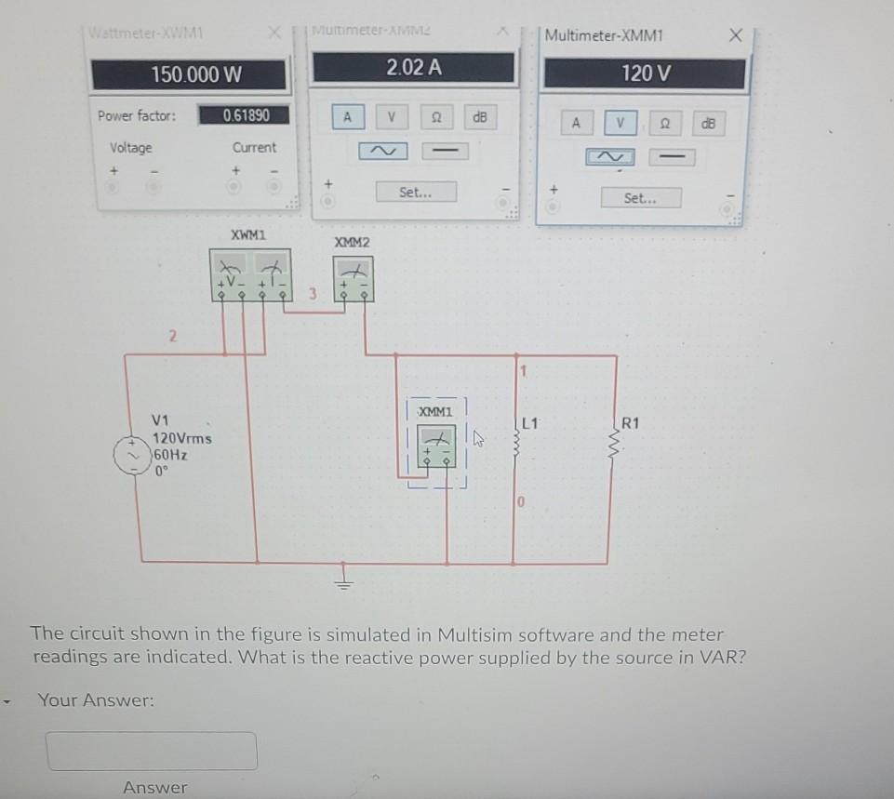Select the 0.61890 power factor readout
coord(247,115)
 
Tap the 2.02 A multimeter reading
coord(413,67)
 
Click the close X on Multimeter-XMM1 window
coord(736,35)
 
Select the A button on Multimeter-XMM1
coord(577,122)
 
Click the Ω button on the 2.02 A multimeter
coord(435,117)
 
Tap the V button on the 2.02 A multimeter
coord(392,117)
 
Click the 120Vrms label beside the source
coord(182,438)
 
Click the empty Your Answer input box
coord(153,751)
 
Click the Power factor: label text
coord(137,116)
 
